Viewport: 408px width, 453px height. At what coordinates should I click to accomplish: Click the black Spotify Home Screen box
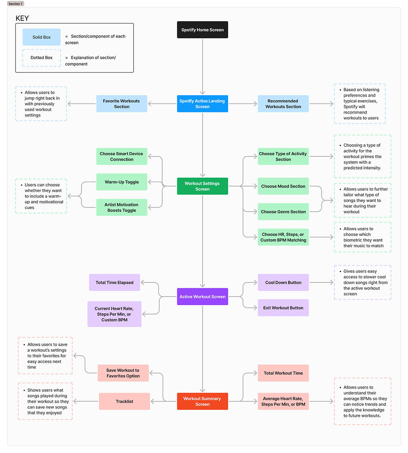(202, 30)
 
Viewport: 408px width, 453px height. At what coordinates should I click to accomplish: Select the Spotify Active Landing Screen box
(202, 104)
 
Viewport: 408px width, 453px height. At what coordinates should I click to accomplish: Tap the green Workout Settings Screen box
(202, 186)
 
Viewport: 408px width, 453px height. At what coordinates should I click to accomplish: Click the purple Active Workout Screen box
(202, 297)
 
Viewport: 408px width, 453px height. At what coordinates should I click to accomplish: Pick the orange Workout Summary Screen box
(202, 401)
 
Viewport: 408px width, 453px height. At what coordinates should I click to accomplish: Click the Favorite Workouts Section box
(122, 104)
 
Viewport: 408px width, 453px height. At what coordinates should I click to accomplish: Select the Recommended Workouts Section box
(283, 104)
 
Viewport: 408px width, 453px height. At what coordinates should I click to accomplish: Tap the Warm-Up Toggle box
(122, 182)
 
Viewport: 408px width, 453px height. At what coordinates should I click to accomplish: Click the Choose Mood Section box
(283, 186)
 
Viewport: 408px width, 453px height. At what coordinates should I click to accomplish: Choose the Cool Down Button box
(283, 282)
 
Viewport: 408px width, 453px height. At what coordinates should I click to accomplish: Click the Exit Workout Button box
(283, 308)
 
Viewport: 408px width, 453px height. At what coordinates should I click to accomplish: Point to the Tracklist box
(124, 401)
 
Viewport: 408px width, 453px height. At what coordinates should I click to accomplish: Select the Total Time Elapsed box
(114, 282)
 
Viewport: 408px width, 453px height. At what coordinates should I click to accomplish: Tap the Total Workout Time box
(283, 373)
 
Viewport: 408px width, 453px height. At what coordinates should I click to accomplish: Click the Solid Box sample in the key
(42, 37)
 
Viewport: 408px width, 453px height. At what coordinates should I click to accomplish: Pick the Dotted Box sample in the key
(42, 58)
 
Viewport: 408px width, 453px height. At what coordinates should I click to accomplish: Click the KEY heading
(22, 18)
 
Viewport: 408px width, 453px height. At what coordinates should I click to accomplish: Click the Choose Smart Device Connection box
(122, 156)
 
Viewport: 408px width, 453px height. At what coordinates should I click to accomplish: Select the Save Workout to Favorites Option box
(123, 373)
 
